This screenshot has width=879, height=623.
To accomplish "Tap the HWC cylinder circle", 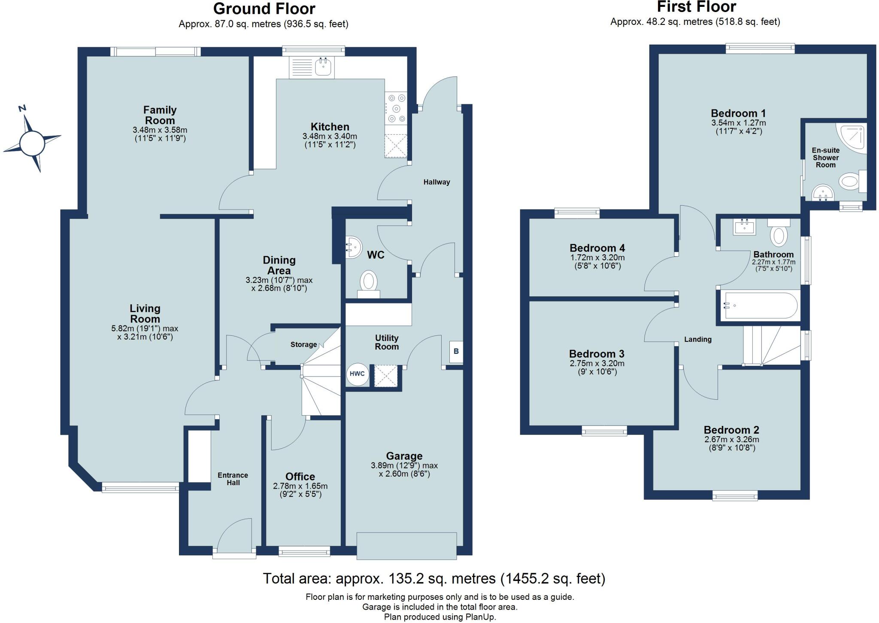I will (357, 374).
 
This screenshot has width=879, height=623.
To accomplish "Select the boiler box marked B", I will (456, 351).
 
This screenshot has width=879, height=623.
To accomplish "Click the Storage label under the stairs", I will (303, 344).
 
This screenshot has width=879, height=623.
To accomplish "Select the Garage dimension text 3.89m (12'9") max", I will (404, 465).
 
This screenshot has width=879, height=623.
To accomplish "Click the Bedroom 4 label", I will (597, 248).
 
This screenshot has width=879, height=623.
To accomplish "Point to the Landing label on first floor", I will (697, 339).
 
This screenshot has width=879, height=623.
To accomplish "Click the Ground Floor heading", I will (264, 9).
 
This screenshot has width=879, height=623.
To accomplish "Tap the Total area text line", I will (433, 578).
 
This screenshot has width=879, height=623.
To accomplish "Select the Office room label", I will (300, 476).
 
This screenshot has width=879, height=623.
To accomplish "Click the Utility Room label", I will (386, 342).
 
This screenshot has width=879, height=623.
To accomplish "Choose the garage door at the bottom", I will (406, 546).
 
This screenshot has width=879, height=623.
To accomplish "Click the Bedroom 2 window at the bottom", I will (735, 496).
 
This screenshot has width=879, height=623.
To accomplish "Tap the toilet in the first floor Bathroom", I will (779, 234).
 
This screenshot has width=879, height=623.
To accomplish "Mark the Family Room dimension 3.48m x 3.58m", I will (160, 130).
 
